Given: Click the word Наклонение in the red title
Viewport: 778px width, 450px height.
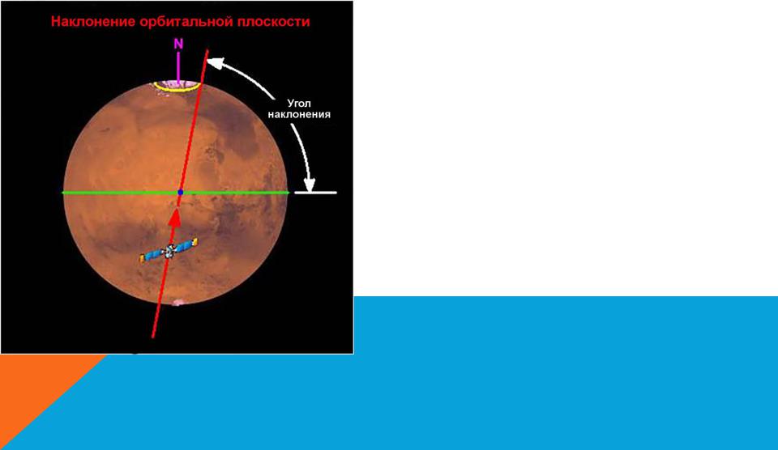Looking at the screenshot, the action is click(93, 22).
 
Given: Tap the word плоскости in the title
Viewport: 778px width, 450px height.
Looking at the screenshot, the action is click(272, 22).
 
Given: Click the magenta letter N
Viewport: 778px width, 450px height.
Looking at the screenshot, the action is click(178, 44).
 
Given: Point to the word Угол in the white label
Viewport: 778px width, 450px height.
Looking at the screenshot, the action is click(299, 104).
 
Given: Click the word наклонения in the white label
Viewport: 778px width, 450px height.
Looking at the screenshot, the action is click(299, 114).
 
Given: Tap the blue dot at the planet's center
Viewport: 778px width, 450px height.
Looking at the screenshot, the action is click(180, 192).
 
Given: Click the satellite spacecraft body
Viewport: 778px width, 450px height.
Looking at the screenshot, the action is click(169, 251).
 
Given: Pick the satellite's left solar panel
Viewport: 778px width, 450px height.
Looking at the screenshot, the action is click(152, 255).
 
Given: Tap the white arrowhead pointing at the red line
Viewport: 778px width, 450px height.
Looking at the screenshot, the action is click(214, 63).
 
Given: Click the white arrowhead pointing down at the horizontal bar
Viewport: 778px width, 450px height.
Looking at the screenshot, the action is click(309, 185).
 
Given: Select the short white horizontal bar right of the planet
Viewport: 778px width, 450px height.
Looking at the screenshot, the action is click(315, 193).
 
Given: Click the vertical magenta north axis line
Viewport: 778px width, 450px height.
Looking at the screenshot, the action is click(178, 66).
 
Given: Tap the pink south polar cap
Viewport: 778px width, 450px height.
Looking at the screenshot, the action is click(177, 302).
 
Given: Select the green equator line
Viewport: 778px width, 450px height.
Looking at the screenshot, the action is click(175, 193).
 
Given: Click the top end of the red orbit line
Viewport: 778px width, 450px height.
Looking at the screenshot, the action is click(207, 49).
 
